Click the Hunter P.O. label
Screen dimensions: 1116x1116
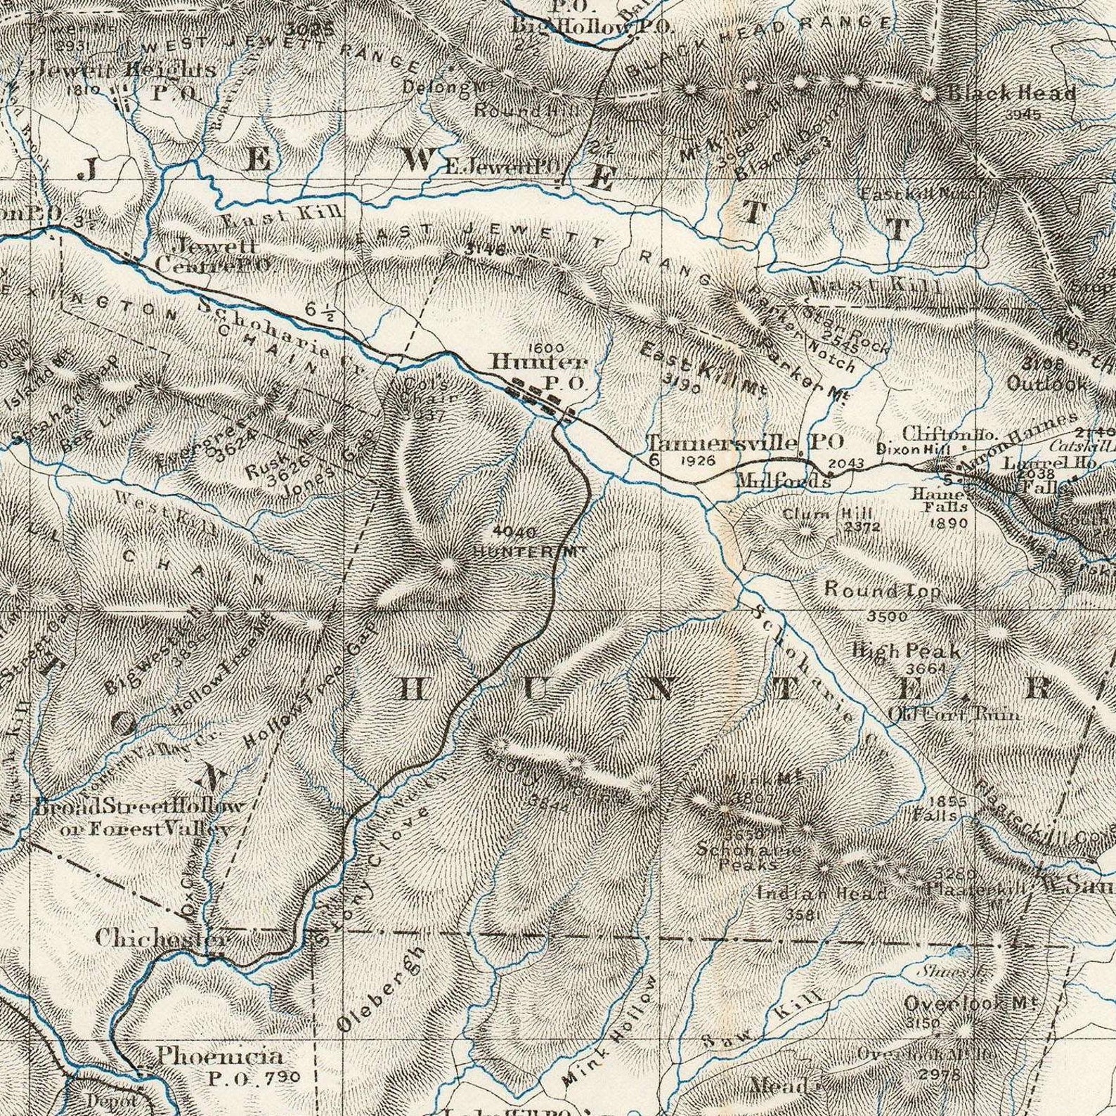pos(538,371)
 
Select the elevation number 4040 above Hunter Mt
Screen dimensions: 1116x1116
pos(514,532)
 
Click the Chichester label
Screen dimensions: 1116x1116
pos(162,938)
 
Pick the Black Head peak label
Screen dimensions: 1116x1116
pos(1012,93)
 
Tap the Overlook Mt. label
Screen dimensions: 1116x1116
pos(971,1003)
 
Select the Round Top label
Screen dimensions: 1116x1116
pos(883,590)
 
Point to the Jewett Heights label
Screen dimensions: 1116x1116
pos(126,70)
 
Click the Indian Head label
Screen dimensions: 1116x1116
pos(822,894)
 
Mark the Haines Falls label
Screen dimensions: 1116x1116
pos(949,500)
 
